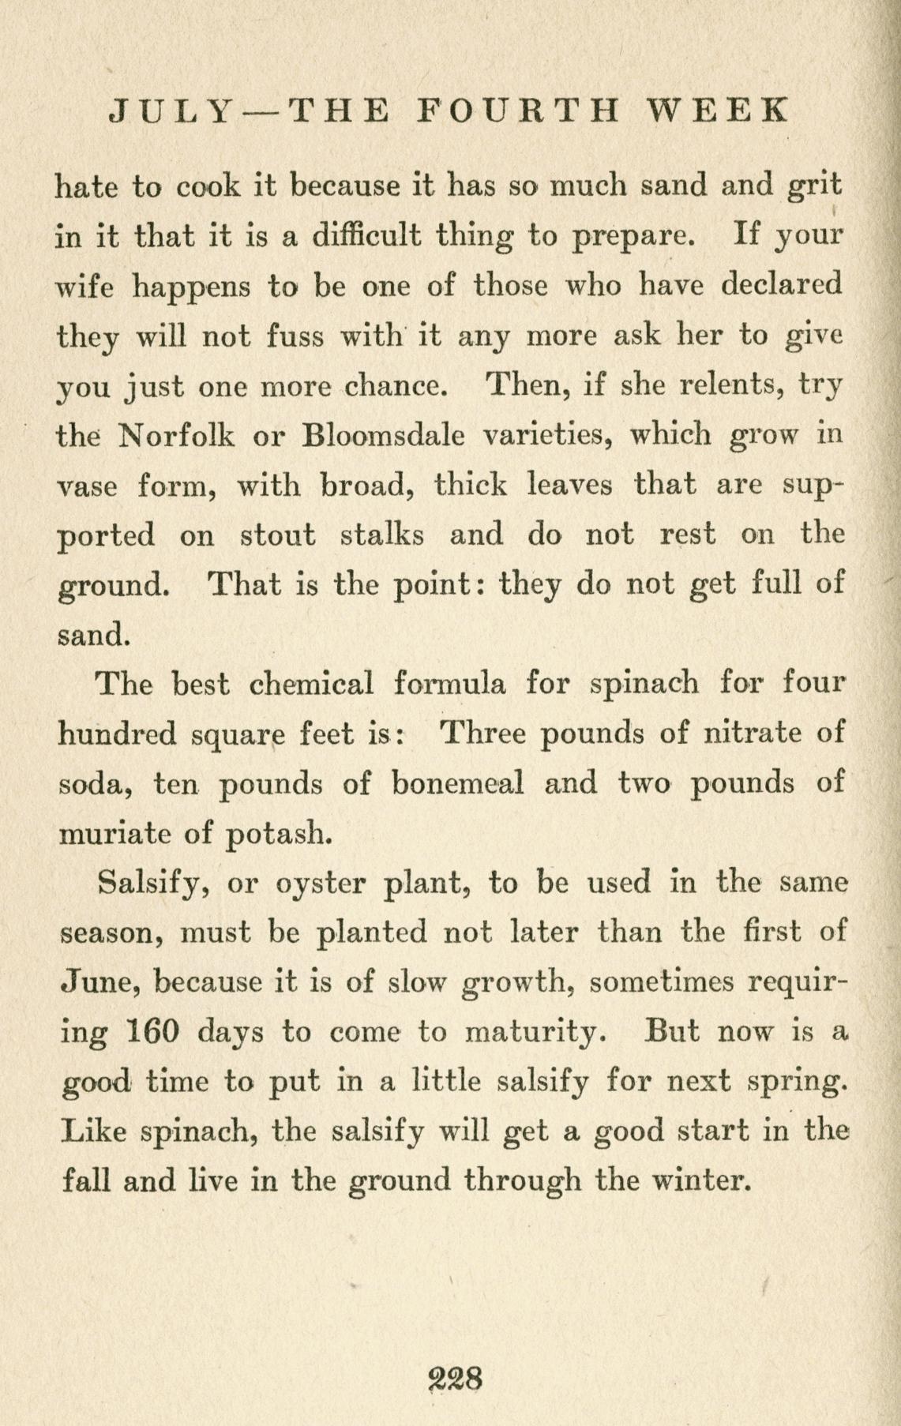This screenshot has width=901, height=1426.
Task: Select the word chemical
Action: point(310,684)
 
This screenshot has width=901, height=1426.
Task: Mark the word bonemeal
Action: point(458,784)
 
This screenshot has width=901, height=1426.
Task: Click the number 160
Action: point(155,1031)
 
